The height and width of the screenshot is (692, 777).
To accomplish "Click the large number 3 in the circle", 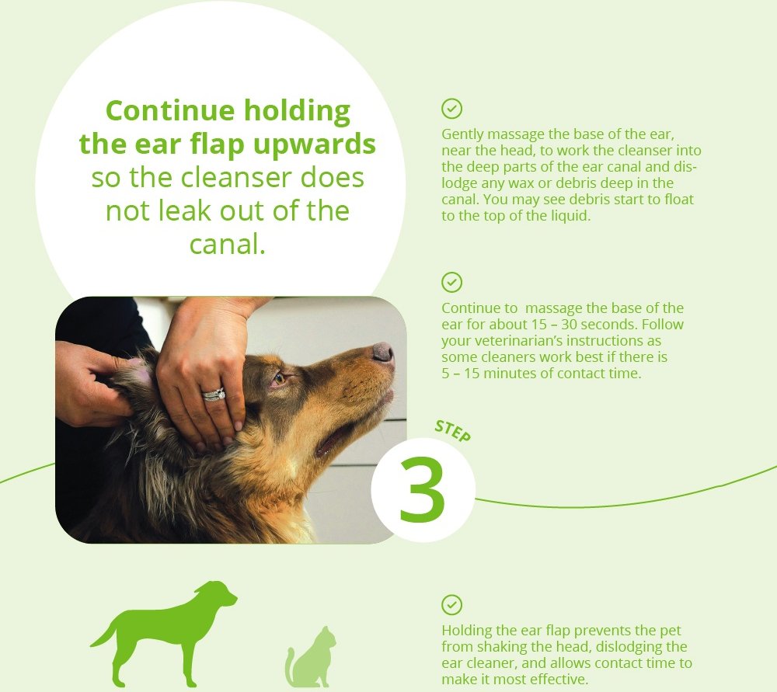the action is point(422,489).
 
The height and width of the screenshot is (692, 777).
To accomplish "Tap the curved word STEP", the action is point(452,431).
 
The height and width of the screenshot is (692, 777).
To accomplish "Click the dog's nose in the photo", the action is point(383,352).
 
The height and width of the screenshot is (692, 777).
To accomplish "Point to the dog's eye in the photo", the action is point(280,378).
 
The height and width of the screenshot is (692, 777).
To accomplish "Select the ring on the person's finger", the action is point(214,395).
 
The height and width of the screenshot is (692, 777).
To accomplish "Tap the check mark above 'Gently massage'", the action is point(451,109).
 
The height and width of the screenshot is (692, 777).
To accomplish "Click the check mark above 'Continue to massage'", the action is point(451,283).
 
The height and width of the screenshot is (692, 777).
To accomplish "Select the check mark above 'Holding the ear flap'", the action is point(451,605).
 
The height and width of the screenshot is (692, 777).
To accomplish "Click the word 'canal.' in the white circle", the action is point(228,244).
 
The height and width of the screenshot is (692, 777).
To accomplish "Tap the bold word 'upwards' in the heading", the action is point(315,144).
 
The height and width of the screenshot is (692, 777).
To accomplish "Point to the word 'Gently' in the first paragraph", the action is point(462,134).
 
